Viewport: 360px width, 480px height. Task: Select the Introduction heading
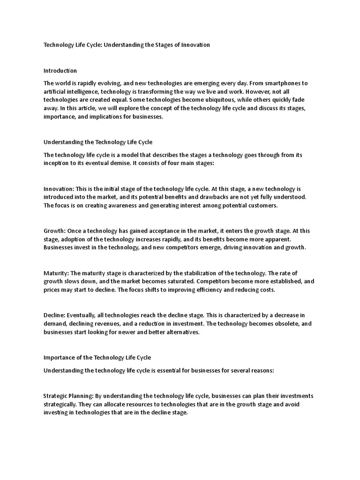pos(60,71)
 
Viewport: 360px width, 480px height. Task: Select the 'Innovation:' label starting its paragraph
pos(59,188)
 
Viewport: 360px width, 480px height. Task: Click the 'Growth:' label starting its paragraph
pos(54,231)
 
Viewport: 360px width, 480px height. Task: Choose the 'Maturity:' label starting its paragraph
pos(56,273)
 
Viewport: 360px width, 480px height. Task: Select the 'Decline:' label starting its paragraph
pos(54,315)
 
